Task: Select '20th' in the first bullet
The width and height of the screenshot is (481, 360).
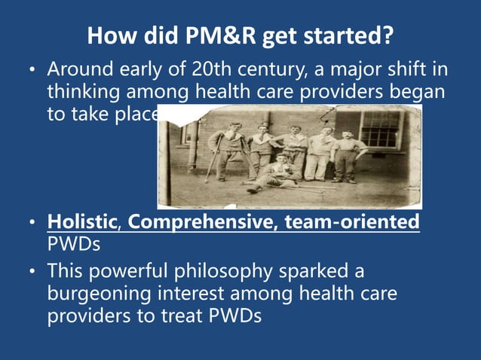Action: click(213, 70)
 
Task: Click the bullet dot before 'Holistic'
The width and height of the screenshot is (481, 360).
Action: click(31, 224)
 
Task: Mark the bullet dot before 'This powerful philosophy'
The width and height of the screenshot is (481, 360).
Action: click(31, 271)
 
